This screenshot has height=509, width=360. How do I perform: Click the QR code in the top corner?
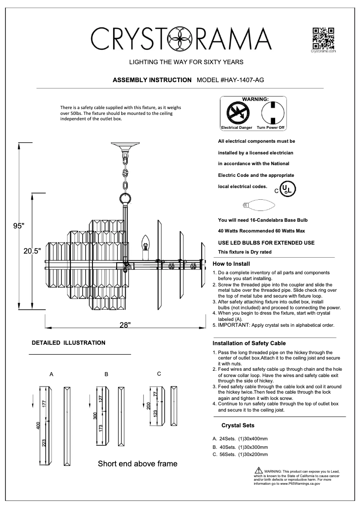tap(323, 38)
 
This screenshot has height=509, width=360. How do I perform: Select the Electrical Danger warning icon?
tap(236, 112)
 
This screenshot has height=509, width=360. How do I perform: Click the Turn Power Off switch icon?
tap(271, 112)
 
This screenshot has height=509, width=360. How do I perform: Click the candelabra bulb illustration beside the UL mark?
tap(259, 206)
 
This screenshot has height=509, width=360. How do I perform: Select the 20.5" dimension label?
tap(32, 251)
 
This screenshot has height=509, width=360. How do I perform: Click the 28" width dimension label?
tap(125, 325)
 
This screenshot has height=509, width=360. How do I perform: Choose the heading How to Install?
tap(231, 264)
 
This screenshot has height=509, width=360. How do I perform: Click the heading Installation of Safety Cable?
tap(249, 343)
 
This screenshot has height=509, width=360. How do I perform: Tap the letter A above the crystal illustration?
tap(51, 373)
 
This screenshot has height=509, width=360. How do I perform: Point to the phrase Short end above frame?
tap(137, 464)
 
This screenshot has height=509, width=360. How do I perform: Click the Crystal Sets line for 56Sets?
tap(240, 454)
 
